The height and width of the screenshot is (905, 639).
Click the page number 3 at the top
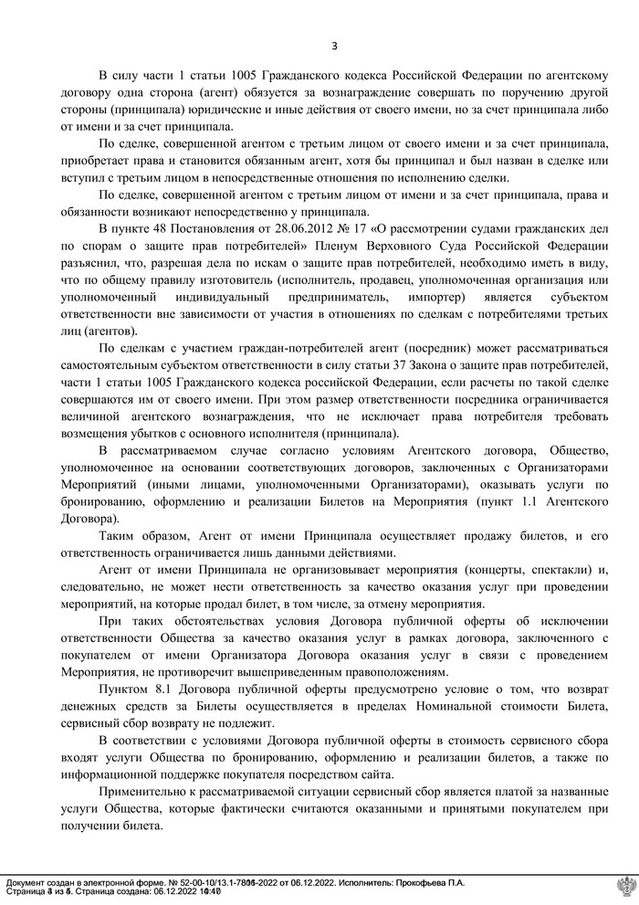[334, 46]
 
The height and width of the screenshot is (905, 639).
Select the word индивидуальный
[230, 298]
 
